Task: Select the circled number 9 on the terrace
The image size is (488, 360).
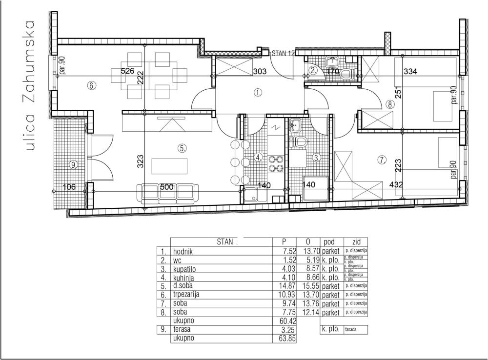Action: click(x=74, y=165)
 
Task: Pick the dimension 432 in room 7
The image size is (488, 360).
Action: click(x=396, y=186)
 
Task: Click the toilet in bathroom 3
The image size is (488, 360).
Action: click(x=299, y=142)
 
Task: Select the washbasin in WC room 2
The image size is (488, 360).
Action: click(x=333, y=61)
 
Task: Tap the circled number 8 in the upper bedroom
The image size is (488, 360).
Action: click(x=389, y=104)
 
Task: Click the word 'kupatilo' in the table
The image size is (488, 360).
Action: click(x=186, y=269)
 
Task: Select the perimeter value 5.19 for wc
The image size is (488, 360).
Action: click(x=308, y=260)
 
